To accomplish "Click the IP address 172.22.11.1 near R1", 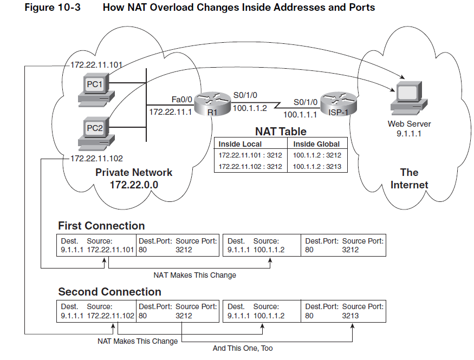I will [x=171, y=113].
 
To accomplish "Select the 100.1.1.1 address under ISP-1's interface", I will [x=300, y=115].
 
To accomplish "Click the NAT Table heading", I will [x=281, y=132].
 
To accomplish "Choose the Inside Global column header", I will [x=317, y=144].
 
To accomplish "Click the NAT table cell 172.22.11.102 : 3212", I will [x=250, y=166].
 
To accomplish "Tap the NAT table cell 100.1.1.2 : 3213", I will [x=317, y=166].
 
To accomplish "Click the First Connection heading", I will [x=101, y=226].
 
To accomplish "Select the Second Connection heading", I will [x=109, y=292].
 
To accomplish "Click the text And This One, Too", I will [x=243, y=348].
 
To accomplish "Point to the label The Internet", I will [x=409, y=179].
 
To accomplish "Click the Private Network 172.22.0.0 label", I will [x=134, y=179].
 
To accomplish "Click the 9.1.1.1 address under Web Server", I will [x=408, y=133].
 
